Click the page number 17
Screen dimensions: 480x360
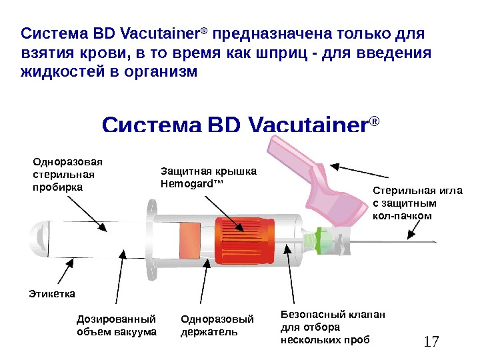click(x=431, y=342)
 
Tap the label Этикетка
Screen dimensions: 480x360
click(x=53, y=293)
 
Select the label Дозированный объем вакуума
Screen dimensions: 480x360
click(x=117, y=325)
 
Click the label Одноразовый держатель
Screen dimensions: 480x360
click(x=209, y=325)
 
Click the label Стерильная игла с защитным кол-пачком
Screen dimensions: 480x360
click(x=417, y=203)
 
